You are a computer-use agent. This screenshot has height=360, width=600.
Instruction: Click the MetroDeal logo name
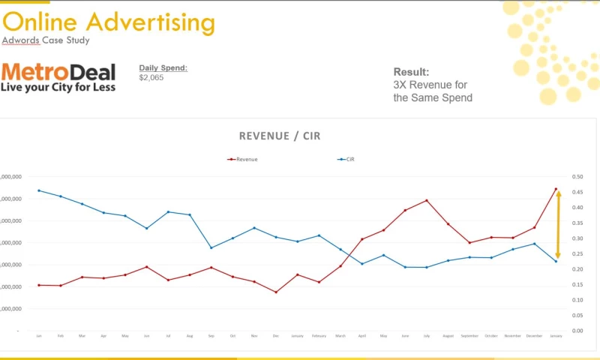pos(58,72)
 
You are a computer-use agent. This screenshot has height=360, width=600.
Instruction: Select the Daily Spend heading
pos(163,68)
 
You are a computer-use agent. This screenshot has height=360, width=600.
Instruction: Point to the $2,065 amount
pos(152,77)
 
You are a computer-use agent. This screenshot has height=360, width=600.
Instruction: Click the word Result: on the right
pos(411,72)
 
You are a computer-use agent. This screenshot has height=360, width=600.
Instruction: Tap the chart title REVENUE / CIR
pos(280,136)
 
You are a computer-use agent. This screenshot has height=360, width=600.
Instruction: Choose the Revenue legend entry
pos(246,159)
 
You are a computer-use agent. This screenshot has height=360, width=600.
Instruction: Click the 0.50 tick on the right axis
pos(577,177)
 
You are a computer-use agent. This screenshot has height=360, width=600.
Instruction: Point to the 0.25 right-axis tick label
pos(577,254)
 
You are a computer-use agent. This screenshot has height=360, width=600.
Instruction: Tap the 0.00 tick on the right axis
pos(577,331)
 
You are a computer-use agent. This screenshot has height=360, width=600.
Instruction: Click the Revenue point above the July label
pos(427,200)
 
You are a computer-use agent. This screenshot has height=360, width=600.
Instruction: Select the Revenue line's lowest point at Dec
pos(276,292)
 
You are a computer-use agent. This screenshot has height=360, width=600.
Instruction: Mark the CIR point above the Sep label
pos(211,247)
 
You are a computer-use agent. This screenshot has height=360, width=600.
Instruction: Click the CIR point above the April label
pos(361,264)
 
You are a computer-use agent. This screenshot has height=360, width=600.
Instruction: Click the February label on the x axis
pos(319,336)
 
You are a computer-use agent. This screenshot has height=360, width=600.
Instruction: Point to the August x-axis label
pos(448,336)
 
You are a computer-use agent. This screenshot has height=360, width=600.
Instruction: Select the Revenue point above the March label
pos(340,266)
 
